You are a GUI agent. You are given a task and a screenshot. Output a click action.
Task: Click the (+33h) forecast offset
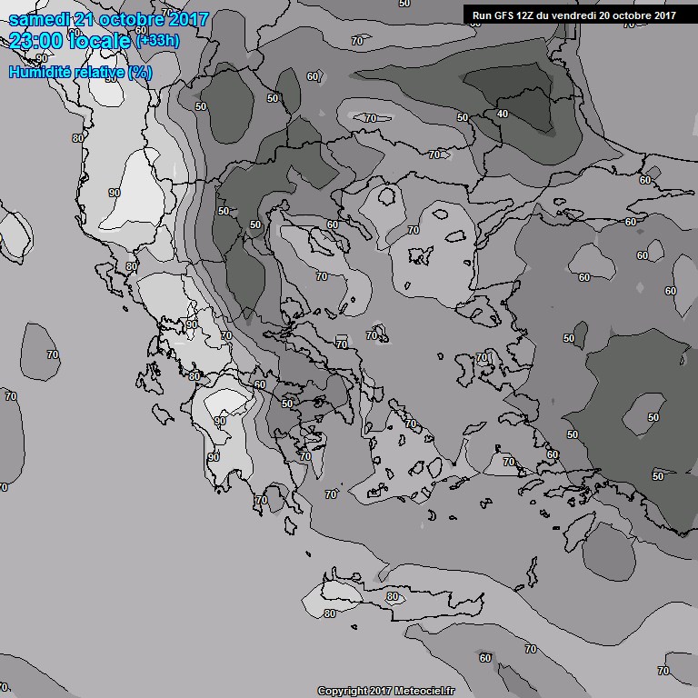(156, 41)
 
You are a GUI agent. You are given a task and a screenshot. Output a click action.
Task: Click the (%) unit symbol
(140, 72)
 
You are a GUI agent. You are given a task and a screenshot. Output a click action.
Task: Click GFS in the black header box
(505, 15)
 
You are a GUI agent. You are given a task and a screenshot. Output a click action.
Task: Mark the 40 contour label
(502, 114)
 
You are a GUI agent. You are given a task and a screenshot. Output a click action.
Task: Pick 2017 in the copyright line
(383, 692)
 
